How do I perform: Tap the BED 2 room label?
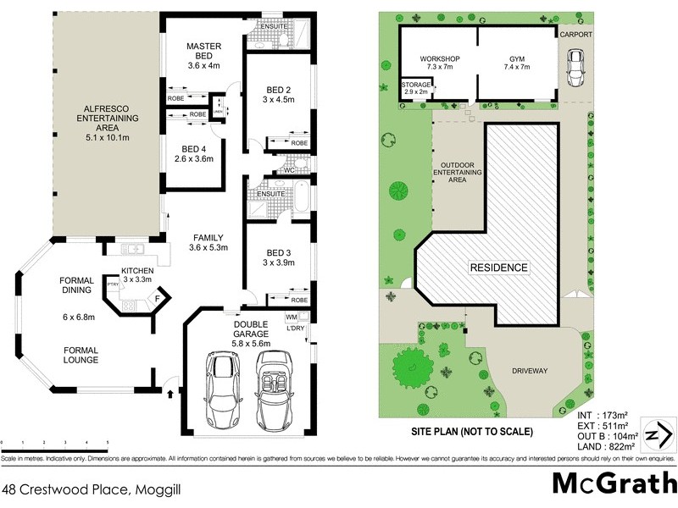280,91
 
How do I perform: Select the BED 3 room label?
280,252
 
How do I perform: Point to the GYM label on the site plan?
517,58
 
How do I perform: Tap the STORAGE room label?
416,85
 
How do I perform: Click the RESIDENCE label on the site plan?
499,268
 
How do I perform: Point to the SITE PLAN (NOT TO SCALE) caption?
471,431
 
